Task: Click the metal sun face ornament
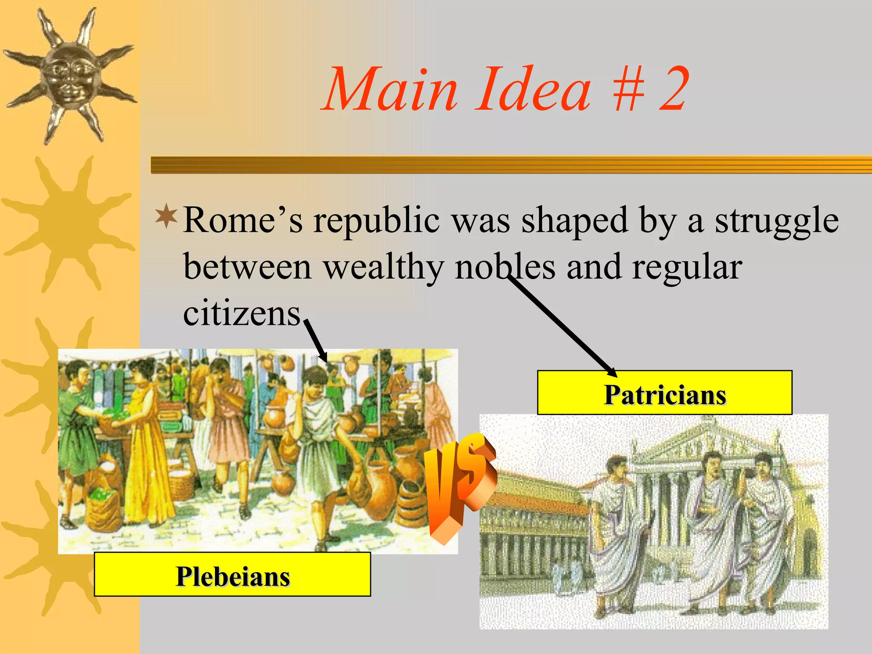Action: point(70,77)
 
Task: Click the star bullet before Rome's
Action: point(166,217)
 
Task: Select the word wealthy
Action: point(383,267)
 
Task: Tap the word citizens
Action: point(242,314)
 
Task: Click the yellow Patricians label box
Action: point(664,393)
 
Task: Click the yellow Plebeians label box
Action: point(232,575)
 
